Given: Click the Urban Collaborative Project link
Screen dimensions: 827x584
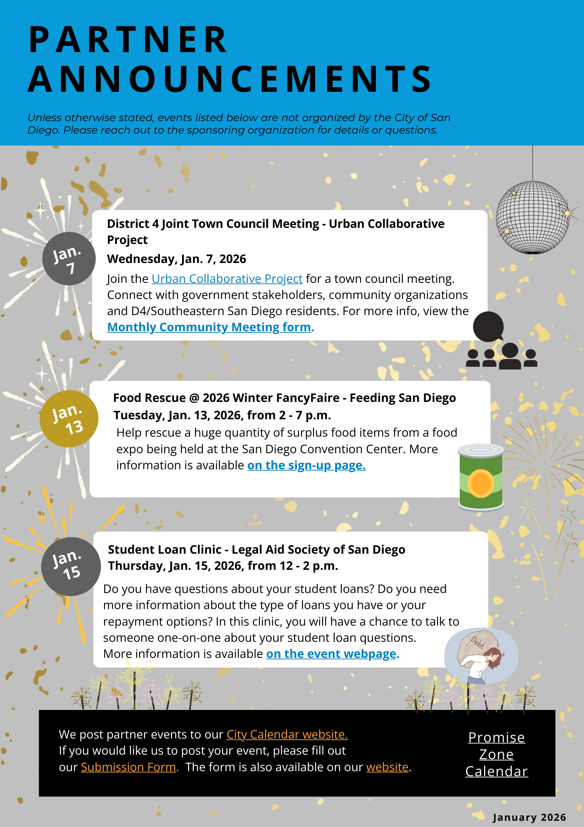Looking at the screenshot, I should pos(227,279).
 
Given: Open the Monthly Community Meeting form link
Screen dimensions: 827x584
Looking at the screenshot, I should pos(210,327).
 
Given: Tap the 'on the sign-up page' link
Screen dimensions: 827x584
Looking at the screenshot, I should pos(306,466).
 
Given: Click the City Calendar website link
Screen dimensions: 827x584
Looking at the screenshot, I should pos(287,735).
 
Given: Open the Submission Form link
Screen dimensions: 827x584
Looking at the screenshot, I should pos(128,767).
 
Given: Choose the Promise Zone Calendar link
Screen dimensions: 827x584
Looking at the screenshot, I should pos(496,755).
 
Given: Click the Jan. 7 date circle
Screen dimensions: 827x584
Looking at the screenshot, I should pos(69,259).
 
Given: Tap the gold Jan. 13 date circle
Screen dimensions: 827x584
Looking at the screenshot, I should pos(69,418).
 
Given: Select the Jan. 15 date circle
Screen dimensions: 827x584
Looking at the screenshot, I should pos(71,566).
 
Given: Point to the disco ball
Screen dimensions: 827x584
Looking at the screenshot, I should pos(532,217).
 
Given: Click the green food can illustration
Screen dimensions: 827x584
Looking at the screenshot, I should pos(481,477).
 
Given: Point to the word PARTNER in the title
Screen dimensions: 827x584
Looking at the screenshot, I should pos(128,40).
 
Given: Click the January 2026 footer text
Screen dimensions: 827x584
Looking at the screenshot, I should pos(529,817).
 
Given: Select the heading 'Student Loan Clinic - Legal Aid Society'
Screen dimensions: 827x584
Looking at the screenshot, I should pos(256,550).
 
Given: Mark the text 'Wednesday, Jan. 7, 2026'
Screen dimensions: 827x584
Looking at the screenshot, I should pos(176,259).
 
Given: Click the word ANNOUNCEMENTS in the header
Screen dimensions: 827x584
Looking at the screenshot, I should pos(230,79).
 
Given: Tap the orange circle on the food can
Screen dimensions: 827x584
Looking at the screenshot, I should pos(480,483).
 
